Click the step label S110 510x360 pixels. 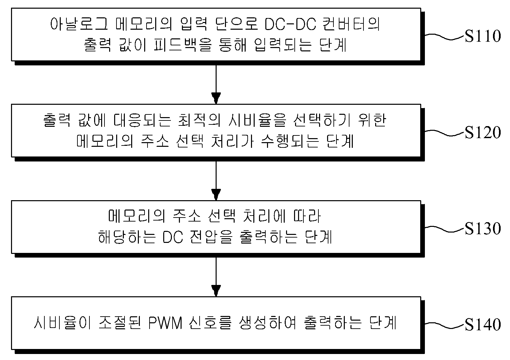click(x=483, y=36)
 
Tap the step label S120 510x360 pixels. click(x=483, y=132)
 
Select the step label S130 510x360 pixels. click(x=483, y=228)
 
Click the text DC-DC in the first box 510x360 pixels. click(x=290, y=24)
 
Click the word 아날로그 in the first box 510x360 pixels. click(x=79, y=24)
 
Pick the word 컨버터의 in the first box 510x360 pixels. click(x=351, y=24)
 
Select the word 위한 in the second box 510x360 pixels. click(x=372, y=120)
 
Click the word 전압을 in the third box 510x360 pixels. click(x=211, y=237)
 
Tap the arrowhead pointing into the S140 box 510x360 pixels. click(x=216, y=291)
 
